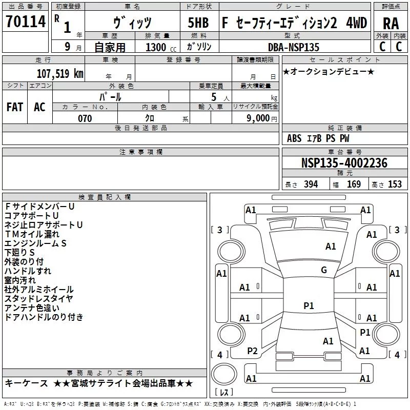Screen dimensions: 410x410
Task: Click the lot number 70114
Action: [26, 21]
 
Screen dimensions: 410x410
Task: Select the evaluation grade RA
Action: [391, 24]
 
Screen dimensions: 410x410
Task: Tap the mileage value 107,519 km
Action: [60, 73]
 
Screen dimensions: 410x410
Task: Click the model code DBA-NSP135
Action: [294, 47]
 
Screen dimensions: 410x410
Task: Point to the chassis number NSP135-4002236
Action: [344, 163]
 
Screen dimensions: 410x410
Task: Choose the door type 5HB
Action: [198, 23]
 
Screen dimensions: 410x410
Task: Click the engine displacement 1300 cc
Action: [160, 47]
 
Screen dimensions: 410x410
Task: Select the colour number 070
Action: [85, 118]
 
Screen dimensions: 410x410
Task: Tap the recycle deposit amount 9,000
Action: [258, 118]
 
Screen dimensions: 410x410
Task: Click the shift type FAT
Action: [15, 107]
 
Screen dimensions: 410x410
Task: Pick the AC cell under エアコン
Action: [40, 107]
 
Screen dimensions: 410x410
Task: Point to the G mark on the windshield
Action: [324, 270]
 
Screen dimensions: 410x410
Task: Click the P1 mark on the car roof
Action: [309, 305]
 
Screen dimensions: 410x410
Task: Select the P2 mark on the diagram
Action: [252, 351]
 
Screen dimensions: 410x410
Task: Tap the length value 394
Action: [311, 184]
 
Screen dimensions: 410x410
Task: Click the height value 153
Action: [395, 184]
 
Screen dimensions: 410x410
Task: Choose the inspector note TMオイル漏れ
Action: [32, 234]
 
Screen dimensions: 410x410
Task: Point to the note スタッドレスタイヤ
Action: [38, 298]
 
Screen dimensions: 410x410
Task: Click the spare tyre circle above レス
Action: [224, 374]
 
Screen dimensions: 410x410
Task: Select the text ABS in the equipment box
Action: [294, 138]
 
